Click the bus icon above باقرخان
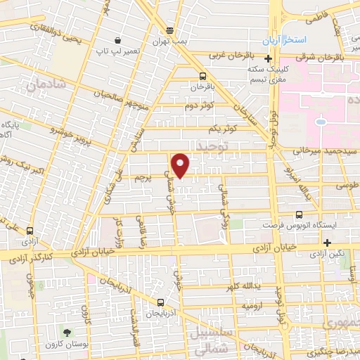point(202,77)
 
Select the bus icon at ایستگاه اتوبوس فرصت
point(300,215)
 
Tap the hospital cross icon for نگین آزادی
point(327,242)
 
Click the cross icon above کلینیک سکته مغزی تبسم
point(266,59)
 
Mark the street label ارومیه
point(253,307)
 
